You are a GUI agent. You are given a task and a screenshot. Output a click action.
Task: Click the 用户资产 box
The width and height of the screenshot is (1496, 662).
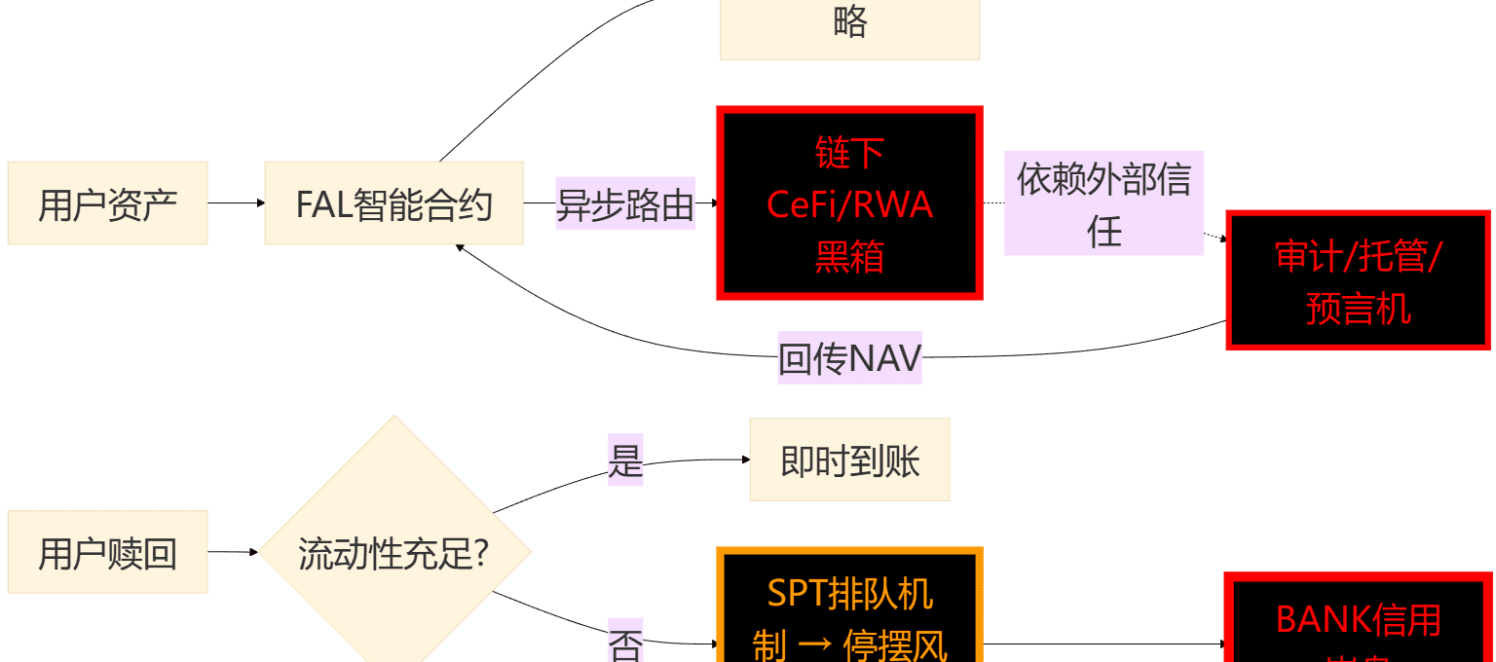tap(107, 203)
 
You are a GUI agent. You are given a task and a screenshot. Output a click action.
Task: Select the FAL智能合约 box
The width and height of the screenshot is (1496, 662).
tap(393, 203)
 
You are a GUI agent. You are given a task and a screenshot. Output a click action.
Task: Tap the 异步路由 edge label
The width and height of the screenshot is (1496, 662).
tap(624, 204)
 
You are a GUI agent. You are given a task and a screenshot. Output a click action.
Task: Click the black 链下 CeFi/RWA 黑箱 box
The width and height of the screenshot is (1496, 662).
tap(849, 202)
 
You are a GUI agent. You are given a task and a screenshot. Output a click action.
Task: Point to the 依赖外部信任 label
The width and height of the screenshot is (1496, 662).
tap(1103, 203)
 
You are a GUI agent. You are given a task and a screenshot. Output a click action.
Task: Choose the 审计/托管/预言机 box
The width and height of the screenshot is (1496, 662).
tap(1359, 280)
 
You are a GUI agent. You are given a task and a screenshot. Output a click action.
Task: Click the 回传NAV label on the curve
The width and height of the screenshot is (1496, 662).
tap(849, 358)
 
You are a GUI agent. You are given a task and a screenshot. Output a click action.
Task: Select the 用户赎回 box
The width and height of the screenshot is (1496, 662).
tap(107, 552)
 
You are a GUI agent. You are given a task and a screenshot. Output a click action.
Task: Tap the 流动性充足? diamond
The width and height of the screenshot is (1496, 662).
tap(393, 552)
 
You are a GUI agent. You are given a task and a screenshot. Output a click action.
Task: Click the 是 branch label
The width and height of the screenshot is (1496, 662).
tap(625, 460)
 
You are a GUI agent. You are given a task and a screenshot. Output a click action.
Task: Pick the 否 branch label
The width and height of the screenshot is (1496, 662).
tap(625, 643)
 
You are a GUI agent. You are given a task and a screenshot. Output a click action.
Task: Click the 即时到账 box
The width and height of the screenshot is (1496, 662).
tap(849, 460)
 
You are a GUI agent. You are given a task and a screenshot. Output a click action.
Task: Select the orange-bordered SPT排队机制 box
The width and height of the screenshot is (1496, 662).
tap(849, 613)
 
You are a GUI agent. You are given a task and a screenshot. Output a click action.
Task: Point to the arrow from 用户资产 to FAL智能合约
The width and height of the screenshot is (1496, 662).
tap(236, 203)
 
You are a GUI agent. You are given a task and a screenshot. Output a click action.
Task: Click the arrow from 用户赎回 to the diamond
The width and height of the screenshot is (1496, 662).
tap(233, 552)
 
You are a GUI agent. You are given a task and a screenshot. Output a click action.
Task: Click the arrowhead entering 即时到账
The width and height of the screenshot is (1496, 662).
tap(745, 460)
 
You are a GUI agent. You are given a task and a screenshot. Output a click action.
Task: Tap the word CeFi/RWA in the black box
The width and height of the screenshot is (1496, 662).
tap(849, 204)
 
